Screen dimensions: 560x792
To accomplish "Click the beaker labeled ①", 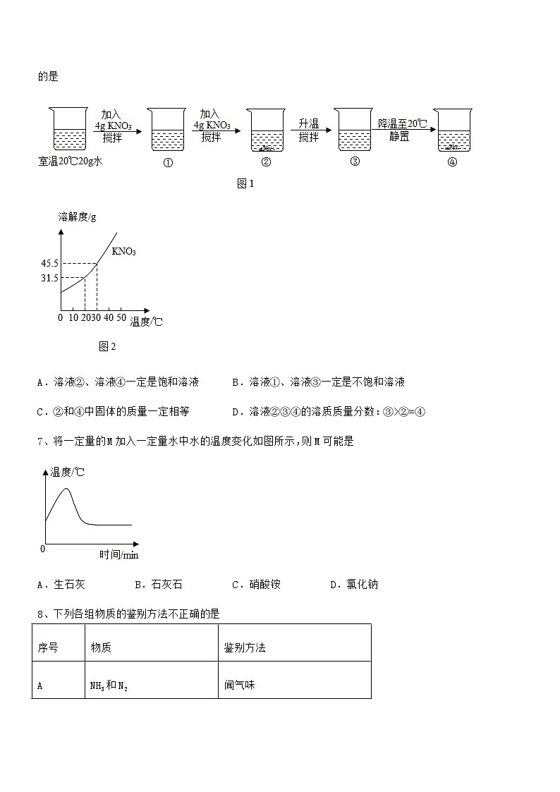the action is coord(168,130).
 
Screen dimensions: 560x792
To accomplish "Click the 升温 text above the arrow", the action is coord(309,124).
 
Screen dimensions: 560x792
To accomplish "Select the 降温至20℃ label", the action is coord(403,124).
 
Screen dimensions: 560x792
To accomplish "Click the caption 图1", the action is coord(245,184).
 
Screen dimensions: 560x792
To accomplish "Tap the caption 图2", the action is coord(107,346).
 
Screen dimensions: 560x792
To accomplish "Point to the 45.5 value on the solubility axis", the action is coord(49,264).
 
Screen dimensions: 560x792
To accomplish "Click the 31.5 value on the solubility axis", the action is coord(49,278).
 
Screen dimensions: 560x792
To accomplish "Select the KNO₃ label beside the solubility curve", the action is coord(124,251).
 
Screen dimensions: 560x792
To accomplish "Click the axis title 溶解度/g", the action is coord(77,217).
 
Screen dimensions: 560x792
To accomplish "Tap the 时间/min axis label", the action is coord(118,555).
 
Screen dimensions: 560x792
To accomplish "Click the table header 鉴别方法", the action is coord(245,647).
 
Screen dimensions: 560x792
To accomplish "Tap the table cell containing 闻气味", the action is coord(240,684).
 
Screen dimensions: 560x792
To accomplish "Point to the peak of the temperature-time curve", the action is coord(67,489).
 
